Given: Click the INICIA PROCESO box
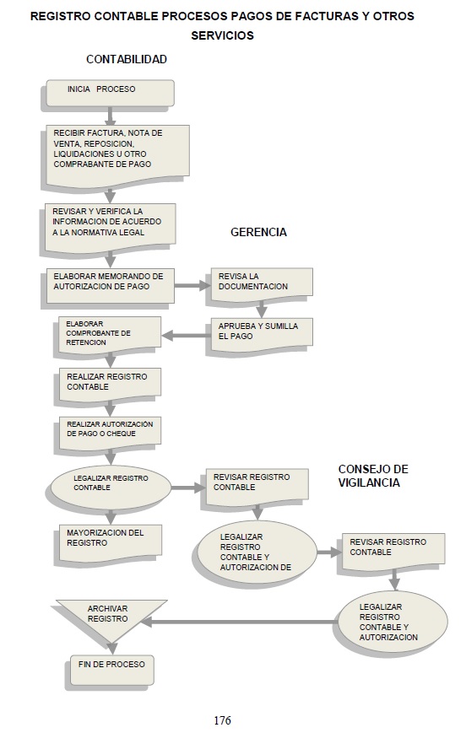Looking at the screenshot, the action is point(110,93).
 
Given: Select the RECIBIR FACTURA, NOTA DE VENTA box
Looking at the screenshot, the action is point(117,154).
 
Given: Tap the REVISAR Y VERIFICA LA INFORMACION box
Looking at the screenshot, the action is point(110,227).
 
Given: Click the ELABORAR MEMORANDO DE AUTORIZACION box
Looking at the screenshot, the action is point(111,285).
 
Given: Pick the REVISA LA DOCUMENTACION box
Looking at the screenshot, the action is point(262,284).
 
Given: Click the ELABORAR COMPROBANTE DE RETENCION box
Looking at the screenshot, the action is point(110,334).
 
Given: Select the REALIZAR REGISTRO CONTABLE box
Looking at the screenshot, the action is point(110,385).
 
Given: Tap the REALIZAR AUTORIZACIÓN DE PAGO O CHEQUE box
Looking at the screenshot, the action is point(110,432).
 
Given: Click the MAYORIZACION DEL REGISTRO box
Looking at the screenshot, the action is point(111,542).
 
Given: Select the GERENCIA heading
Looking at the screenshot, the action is point(258,232).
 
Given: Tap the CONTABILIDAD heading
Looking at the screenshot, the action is point(127,59).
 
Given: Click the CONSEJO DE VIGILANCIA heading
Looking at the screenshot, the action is point(373,476).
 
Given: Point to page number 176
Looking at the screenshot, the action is point(222,720).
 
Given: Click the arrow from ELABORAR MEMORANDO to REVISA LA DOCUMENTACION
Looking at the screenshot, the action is point(192,285).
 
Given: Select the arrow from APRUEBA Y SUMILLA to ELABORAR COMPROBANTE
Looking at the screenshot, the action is point(186,335).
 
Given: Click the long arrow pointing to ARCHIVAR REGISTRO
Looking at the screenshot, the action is point(239,623).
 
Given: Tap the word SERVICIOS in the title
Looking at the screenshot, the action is point(222,35).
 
